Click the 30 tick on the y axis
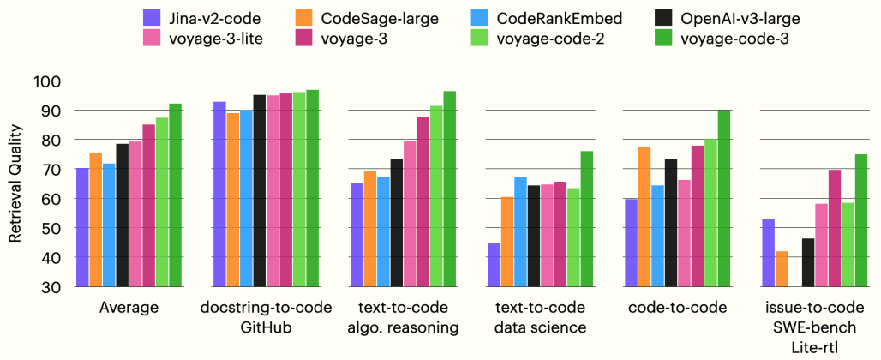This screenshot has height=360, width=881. coord(51,286)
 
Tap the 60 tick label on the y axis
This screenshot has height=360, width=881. coord(51,198)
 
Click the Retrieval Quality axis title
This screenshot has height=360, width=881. coord(15,183)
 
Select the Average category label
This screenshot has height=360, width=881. coord(129,308)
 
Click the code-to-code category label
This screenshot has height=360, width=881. coord(677,308)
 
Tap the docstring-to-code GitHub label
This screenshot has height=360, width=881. coord(265,317)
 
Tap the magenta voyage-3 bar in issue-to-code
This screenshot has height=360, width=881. coord(835,228)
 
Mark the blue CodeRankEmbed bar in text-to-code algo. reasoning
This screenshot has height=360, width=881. coord(384,231)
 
